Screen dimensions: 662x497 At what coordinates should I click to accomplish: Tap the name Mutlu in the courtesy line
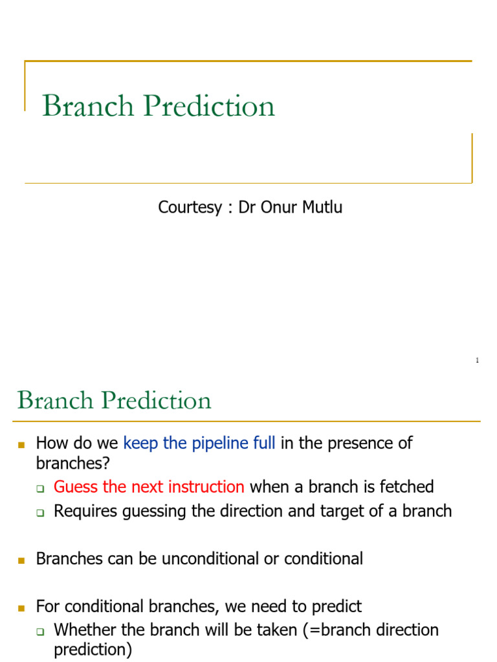click(320, 208)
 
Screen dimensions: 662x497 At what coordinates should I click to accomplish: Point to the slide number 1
click(477, 360)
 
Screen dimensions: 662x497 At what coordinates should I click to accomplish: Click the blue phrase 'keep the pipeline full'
click(199, 443)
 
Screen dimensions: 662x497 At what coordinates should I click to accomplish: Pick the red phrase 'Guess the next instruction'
click(149, 487)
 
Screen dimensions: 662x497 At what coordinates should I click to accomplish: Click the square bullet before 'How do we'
click(21, 445)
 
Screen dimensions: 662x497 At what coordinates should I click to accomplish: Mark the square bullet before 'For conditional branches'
click(21, 608)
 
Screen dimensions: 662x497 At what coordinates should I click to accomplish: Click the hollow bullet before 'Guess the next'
click(39, 488)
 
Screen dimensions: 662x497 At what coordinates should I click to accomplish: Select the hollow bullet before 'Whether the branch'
click(39, 631)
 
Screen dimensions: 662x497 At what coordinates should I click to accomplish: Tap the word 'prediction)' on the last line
click(93, 650)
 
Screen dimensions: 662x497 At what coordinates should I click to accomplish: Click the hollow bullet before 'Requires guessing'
click(39, 513)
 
